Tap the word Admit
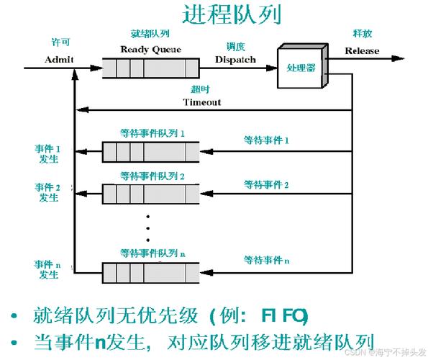(x=59, y=60)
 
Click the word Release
(x=362, y=50)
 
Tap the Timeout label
(x=202, y=102)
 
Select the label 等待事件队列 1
(x=152, y=133)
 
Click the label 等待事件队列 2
(x=152, y=175)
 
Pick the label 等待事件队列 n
(x=152, y=253)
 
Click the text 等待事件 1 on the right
(x=266, y=142)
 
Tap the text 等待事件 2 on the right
(x=266, y=185)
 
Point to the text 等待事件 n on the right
(x=266, y=258)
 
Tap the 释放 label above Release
(x=362, y=34)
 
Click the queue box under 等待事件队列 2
(x=150, y=193)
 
